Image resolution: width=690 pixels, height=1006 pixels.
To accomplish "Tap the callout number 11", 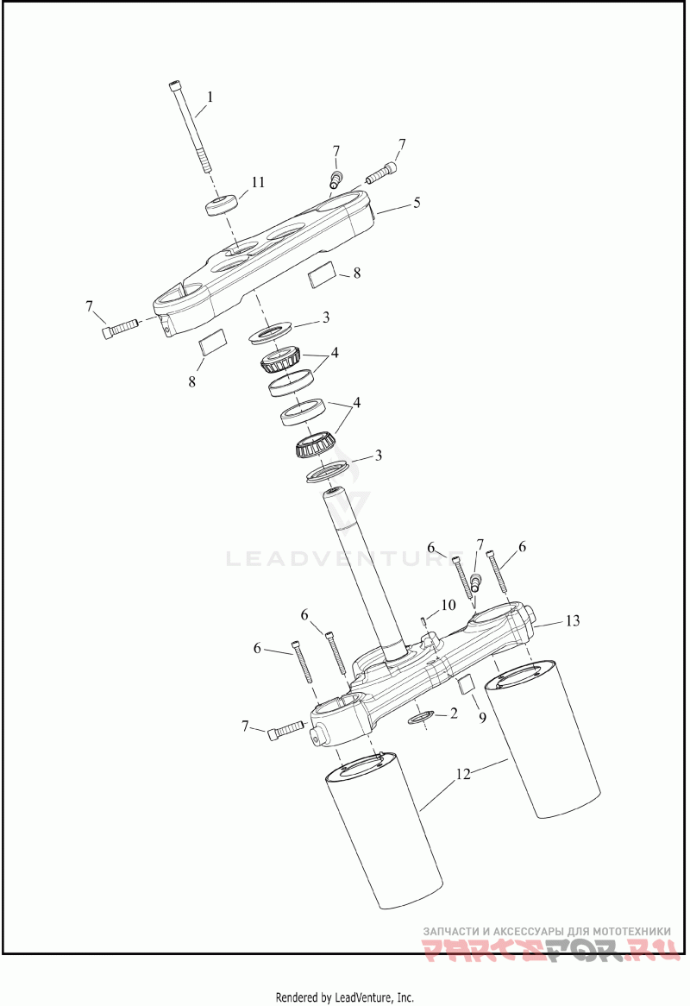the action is (258, 182).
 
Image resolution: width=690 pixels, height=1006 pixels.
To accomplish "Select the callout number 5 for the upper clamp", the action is (417, 203).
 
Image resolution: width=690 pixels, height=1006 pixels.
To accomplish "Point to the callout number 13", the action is (574, 620).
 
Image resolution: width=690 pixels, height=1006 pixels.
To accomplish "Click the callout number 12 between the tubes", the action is (463, 774).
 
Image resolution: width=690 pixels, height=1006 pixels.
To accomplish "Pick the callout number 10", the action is (448, 605).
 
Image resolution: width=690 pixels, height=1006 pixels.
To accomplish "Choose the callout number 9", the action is (482, 716).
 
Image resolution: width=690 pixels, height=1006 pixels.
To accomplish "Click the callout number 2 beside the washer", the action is (454, 714).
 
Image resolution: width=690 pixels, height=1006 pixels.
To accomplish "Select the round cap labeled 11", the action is (222, 206).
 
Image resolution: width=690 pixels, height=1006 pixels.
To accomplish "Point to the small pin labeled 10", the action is (424, 624).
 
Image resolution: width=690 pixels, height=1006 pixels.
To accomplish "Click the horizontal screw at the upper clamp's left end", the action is (120, 328).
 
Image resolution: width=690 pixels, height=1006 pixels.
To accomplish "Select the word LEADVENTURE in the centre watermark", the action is (334, 558).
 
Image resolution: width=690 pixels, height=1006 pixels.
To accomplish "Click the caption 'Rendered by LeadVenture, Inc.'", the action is (344, 997).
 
